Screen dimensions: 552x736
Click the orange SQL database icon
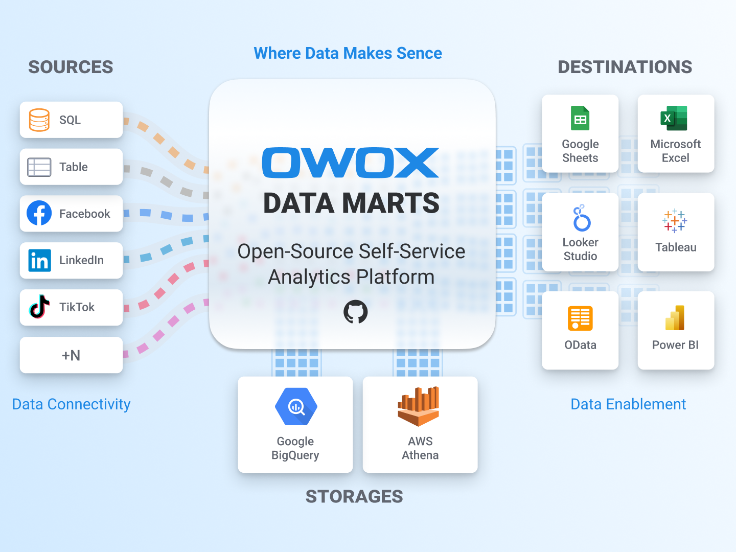[39, 120]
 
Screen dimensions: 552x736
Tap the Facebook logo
[39, 213]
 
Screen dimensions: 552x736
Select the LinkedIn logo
[39, 260]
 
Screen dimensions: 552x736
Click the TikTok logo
[39, 307]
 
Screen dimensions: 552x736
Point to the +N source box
[71, 355]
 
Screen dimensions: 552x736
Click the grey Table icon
[39, 167]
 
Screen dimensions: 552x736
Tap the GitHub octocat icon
[355, 312]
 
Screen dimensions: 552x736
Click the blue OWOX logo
[351, 163]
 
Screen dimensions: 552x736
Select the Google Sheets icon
[580, 119]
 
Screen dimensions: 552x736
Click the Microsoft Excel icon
[674, 118]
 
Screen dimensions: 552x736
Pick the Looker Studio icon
[581, 218]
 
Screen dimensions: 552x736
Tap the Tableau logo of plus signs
[675, 221]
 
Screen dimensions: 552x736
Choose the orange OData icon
[580, 318]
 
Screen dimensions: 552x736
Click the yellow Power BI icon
[675, 318]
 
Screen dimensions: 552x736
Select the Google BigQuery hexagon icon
[296, 407]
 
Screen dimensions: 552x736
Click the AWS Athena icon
[419, 406]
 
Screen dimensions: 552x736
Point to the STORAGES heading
[354, 496]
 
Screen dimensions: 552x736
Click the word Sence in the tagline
[419, 53]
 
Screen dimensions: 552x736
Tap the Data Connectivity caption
[72, 404]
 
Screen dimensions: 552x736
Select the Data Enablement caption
[628, 404]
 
